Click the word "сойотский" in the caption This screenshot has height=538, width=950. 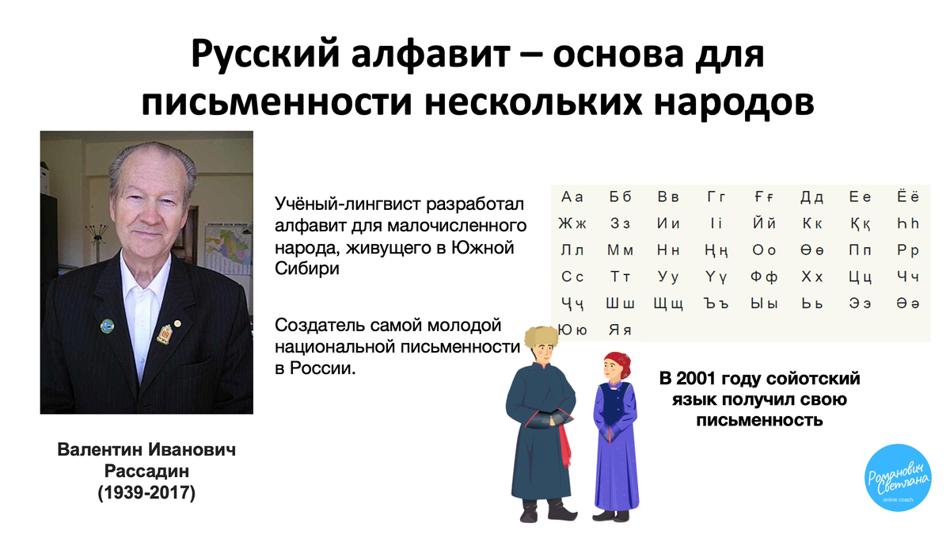tap(820, 379)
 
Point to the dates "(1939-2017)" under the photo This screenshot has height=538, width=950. tap(146, 493)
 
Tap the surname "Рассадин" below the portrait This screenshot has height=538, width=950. tap(146, 471)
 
